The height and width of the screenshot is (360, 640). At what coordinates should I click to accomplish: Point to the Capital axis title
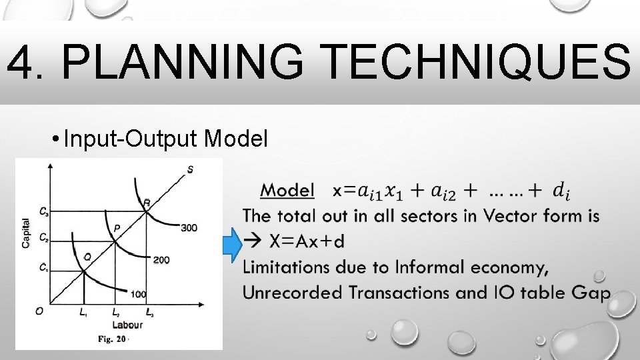click(26, 233)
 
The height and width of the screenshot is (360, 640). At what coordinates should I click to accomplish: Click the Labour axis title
click(127, 325)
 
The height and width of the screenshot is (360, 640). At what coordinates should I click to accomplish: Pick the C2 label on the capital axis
click(43, 237)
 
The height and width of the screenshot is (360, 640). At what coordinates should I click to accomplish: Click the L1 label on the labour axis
click(83, 312)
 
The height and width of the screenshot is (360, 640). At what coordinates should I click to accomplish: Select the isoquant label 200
click(161, 259)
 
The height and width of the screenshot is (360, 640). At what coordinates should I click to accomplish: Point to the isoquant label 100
click(138, 294)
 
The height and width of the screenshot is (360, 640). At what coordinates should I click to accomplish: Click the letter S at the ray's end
click(191, 169)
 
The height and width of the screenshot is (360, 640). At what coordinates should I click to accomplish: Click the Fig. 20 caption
click(113, 339)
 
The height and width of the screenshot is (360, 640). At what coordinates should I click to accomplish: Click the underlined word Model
click(287, 190)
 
